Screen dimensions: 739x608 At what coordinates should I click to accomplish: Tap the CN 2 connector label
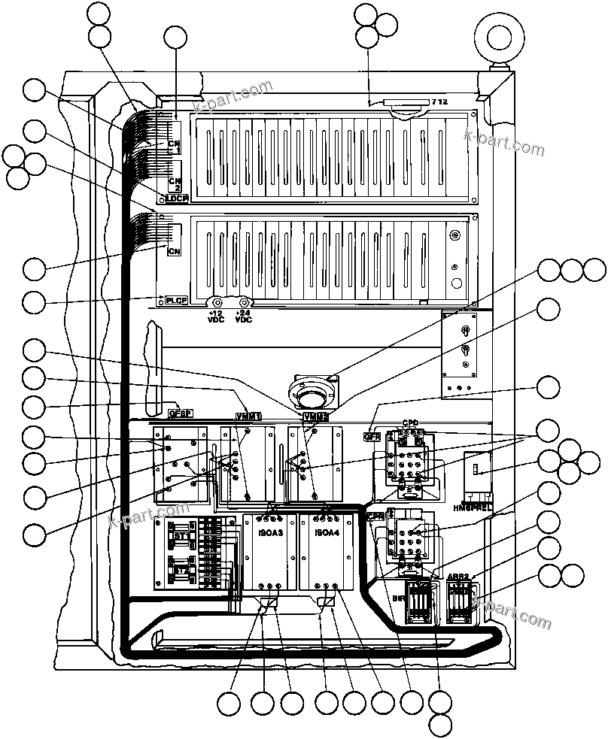pos(175,183)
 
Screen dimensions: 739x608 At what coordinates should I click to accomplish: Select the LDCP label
pos(176,198)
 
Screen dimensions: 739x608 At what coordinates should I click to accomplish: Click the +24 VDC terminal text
pos(243,315)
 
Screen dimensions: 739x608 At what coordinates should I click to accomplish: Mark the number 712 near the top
pos(439,101)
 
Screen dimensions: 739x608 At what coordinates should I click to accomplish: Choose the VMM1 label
pos(248,416)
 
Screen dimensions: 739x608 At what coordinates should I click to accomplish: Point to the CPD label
pos(410,423)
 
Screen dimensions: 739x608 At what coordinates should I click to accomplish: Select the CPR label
pos(376,516)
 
